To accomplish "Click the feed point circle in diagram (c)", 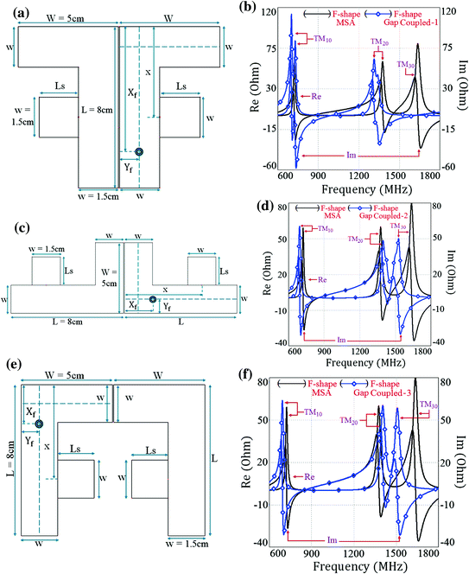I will pyautogui.click(x=153, y=300).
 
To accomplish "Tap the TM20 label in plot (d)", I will pyautogui.click(x=357, y=239).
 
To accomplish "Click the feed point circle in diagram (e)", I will pyautogui.click(x=38, y=424).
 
